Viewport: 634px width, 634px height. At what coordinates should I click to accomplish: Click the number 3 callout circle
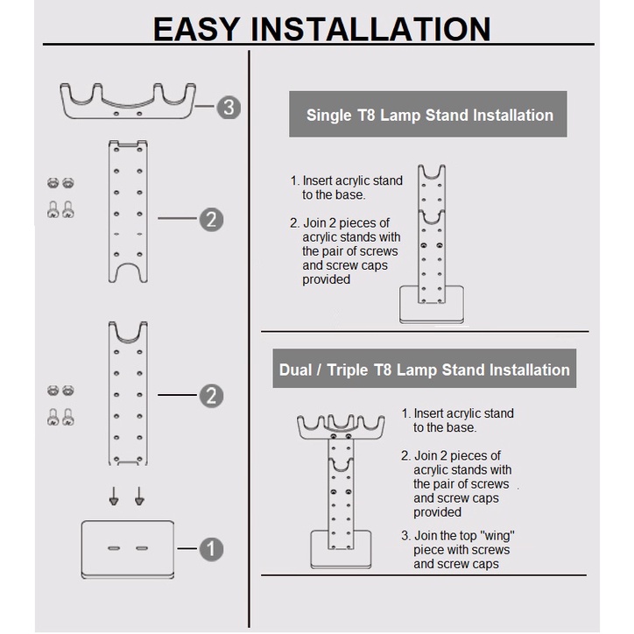pos(229,108)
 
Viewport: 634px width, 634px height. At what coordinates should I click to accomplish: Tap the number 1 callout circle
pos(211,550)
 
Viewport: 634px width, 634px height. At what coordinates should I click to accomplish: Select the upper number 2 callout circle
pos(211,219)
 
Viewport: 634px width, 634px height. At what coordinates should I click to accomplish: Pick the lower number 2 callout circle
pos(211,397)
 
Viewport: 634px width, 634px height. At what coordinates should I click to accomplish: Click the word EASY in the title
pos(196,29)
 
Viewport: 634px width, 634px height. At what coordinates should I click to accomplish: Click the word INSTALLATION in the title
pos(371,29)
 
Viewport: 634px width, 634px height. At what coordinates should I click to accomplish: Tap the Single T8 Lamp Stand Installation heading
pos(429,115)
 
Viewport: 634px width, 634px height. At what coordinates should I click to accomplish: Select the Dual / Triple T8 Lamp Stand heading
pos(424,370)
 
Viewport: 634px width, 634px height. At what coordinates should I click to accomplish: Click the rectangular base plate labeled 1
pos(128,549)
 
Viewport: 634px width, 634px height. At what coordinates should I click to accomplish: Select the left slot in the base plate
pos(115,548)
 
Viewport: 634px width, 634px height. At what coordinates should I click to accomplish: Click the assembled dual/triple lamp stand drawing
pos(342,486)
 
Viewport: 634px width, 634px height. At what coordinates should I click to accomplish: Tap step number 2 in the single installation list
pos(294,223)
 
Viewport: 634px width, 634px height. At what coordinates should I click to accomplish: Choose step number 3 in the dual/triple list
pos(405,536)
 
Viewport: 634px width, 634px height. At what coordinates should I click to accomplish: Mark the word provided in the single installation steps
pos(327,279)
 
